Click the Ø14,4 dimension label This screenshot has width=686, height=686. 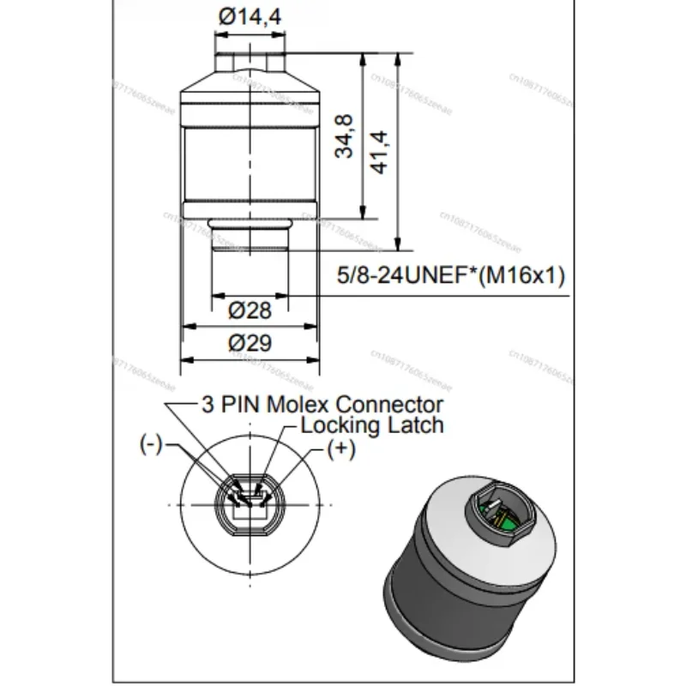coord(251,17)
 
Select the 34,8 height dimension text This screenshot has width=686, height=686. coord(346,135)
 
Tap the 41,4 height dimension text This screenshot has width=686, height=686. coord(380,151)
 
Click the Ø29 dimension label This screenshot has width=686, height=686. coord(250,343)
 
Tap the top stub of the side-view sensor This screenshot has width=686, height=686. coord(250,61)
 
